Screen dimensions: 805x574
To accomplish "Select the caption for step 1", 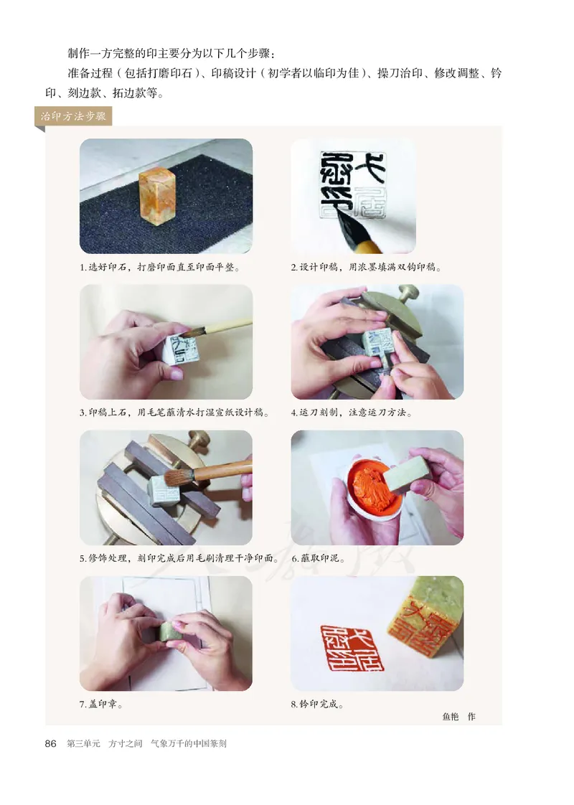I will click(159, 267).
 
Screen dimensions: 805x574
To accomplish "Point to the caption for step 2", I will click(366, 267).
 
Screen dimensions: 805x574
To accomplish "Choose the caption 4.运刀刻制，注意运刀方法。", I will click(352, 413).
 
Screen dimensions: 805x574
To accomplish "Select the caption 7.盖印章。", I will click(100, 704).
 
